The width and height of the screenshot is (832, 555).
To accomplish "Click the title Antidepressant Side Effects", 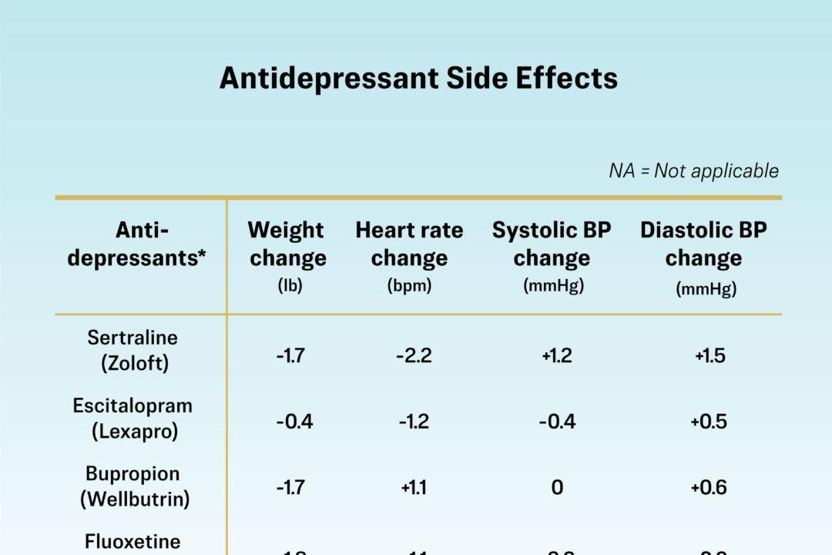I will tap(418, 79).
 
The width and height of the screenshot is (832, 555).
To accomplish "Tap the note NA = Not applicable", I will tap(693, 170).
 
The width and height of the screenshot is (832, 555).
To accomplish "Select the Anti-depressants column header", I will tap(141, 244).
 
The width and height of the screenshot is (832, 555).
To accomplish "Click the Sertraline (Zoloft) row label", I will tap(133, 350).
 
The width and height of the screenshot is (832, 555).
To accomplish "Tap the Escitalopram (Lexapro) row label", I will tap(133, 418).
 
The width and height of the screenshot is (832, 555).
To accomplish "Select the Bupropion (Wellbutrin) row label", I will tap(134, 486).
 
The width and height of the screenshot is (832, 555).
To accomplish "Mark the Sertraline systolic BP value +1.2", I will tap(556, 355).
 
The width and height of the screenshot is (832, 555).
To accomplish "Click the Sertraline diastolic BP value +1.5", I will tap(709, 355).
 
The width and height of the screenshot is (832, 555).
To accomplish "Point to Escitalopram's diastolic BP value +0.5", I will tap(709, 422).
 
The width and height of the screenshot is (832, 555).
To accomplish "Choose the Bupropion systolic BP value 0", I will tap(556, 487).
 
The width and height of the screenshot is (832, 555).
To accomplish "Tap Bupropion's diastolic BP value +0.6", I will tap(709, 487).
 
